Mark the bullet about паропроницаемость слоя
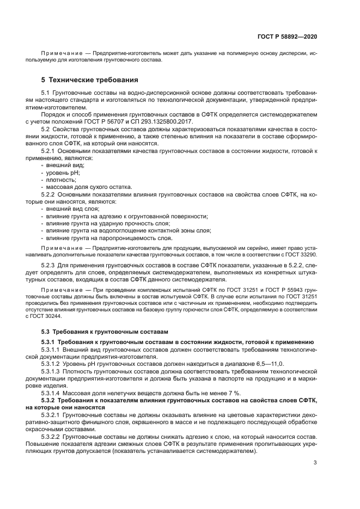[x=109, y=237]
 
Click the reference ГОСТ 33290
[x=298, y=254]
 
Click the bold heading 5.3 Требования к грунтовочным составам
[x=103, y=332]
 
